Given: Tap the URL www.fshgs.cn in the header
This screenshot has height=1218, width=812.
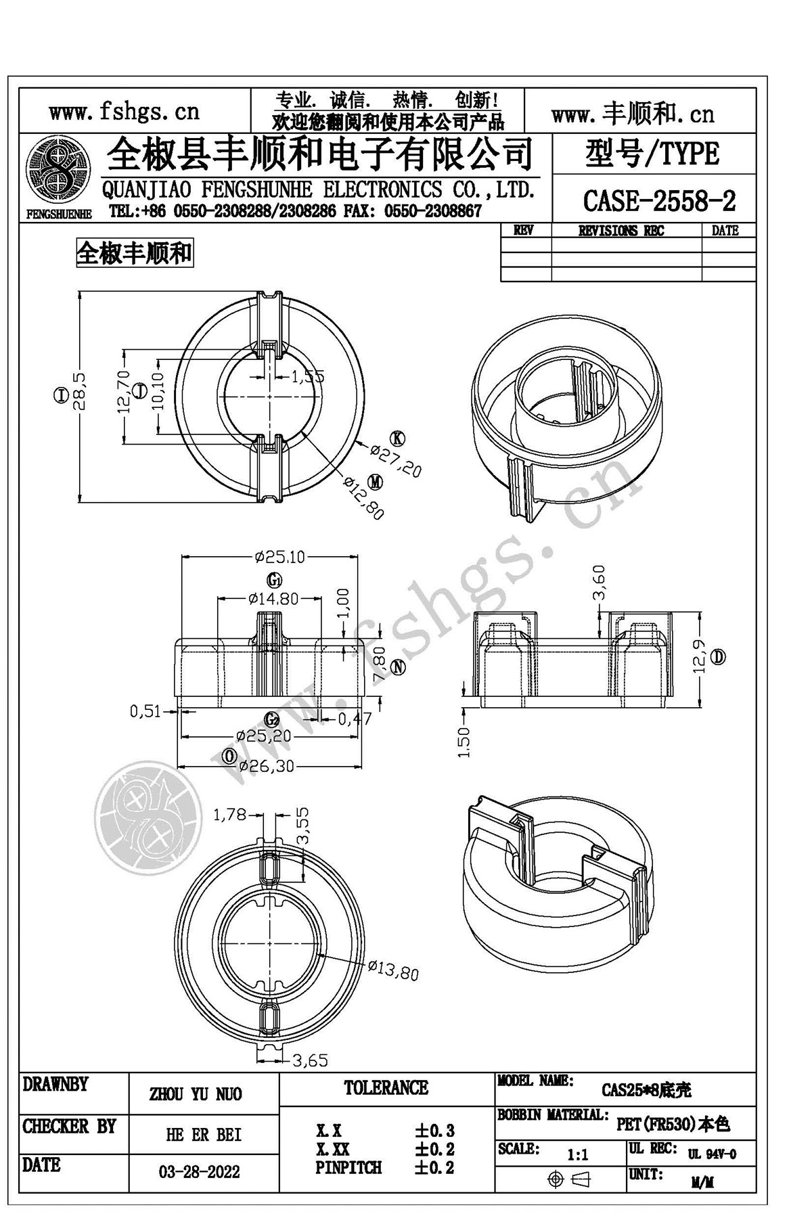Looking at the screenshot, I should click(x=124, y=111).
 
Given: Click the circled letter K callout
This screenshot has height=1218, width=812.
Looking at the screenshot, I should click(x=397, y=438).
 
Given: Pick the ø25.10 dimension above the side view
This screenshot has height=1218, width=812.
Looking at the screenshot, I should click(x=279, y=557).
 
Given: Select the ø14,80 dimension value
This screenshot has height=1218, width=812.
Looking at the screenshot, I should click(x=273, y=598).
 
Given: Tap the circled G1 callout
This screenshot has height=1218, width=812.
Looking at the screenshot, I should click(x=273, y=580).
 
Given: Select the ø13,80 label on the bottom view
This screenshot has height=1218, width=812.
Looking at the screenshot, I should click(x=393, y=971).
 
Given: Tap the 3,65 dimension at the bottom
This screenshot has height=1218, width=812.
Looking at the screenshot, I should click(x=310, y=1060).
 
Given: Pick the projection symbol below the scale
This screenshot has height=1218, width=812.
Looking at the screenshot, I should click(x=568, y=1179).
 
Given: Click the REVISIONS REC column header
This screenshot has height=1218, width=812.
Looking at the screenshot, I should click(x=621, y=231).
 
